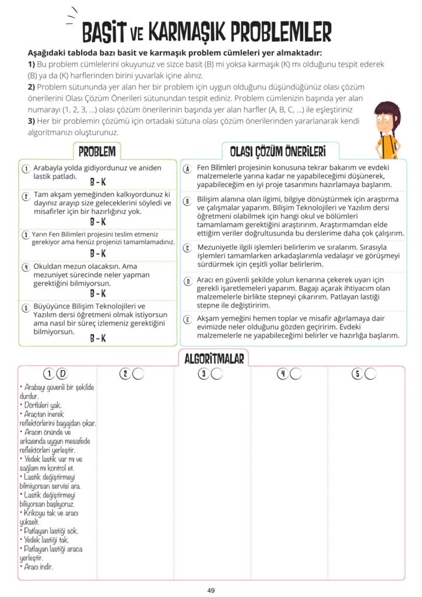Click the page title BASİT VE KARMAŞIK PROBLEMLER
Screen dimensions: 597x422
click(x=207, y=31)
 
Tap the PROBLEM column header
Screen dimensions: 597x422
click(x=97, y=151)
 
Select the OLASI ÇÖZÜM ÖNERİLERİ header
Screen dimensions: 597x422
click(x=277, y=151)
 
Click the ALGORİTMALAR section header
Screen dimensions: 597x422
click(x=214, y=357)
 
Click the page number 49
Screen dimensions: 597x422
click(x=211, y=590)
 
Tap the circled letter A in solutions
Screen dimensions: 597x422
click(x=188, y=168)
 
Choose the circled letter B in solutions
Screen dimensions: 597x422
click(x=188, y=201)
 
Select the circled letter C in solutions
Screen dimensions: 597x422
click(x=188, y=248)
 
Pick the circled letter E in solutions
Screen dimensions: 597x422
click(x=188, y=319)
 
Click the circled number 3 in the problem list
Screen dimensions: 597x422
click(x=26, y=234)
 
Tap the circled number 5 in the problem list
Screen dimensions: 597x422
click(x=26, y=307)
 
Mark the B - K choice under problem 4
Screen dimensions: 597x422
click(x=98, y=293)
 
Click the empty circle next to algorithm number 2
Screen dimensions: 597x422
click(x=138, y=374)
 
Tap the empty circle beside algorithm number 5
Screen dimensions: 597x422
click(x=371, y=374)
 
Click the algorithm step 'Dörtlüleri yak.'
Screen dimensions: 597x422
click(x=41, y=405)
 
